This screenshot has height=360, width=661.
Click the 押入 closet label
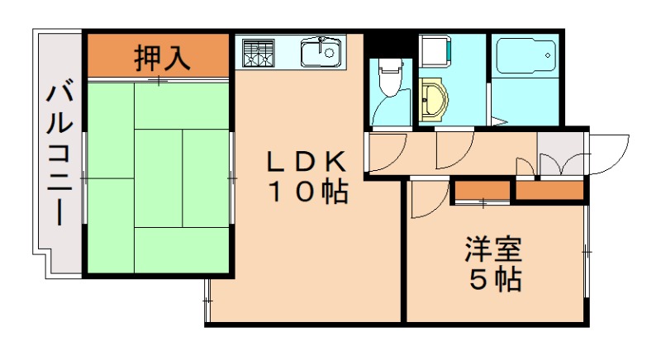click(162, 58)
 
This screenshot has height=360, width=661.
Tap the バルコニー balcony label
click(59, 154)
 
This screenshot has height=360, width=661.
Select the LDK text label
click(307, 160)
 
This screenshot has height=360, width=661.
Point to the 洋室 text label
click(493, 249)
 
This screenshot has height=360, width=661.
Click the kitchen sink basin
click(321, 52)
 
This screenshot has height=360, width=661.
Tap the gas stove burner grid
click(259, 53)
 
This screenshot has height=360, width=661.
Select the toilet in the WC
click(388, 77)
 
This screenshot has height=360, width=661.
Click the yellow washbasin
click(433, 99)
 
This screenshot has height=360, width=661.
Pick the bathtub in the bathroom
click(525, 56)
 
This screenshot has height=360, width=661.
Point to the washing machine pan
click(436, 51)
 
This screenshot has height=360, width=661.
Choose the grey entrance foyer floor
click(560, 154)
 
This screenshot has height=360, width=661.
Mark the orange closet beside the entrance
click(549, 190)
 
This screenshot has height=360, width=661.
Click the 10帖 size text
click(307, 192)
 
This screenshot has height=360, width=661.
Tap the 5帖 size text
click(496, 279)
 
